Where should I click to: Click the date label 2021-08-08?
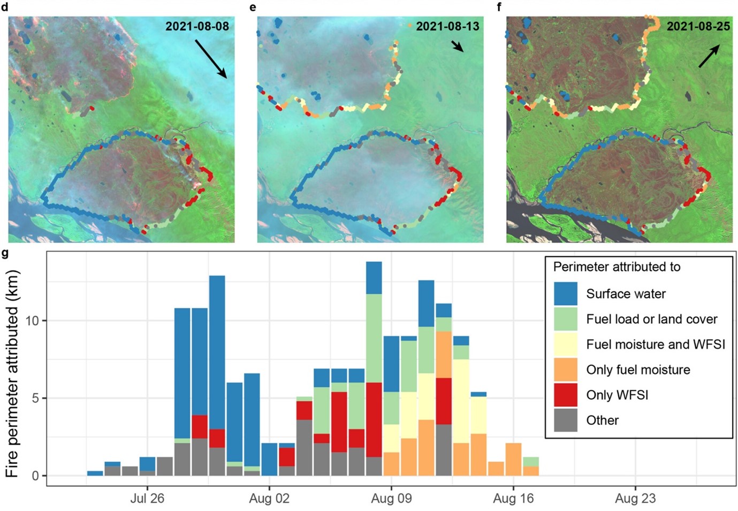197,26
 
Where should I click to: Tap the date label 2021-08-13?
447,26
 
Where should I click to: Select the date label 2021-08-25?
698,26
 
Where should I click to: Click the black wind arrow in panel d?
211,58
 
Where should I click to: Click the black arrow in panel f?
709,56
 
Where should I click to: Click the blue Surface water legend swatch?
565,294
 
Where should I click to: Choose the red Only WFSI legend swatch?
565,395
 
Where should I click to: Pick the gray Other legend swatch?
565,420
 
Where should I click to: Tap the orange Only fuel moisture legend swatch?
565,370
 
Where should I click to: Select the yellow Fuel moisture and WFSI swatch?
565,344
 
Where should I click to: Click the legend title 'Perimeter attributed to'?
617,267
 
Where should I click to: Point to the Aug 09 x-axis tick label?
391,499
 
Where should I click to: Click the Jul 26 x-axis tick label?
147,499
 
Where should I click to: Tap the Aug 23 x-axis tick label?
635,499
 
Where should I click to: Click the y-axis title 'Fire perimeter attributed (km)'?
12,373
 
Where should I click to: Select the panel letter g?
5,253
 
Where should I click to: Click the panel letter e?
253,7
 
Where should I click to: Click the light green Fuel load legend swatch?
565,319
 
